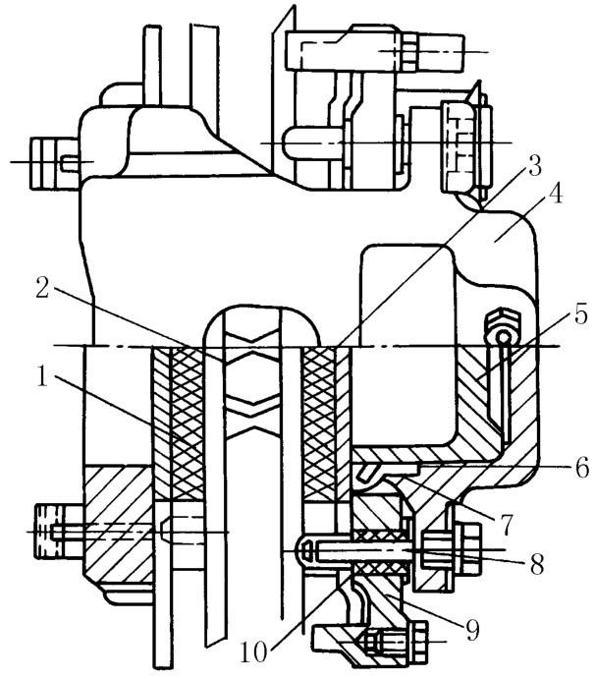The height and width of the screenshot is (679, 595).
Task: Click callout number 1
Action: click(x=43, y=375)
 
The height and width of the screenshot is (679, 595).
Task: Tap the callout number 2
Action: click(x=42, y=288)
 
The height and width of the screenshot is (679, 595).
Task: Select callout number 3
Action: click(x=535, y=165)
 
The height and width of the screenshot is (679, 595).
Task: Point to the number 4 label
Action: click(x=555, y=194)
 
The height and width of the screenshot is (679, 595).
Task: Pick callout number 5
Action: click(x=580, y=314)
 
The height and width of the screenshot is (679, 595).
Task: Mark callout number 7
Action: click(x=505, y=525)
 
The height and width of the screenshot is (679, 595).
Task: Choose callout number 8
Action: click(x=537, y=564)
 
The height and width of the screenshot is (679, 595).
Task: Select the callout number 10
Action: click(x=253, y=652)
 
